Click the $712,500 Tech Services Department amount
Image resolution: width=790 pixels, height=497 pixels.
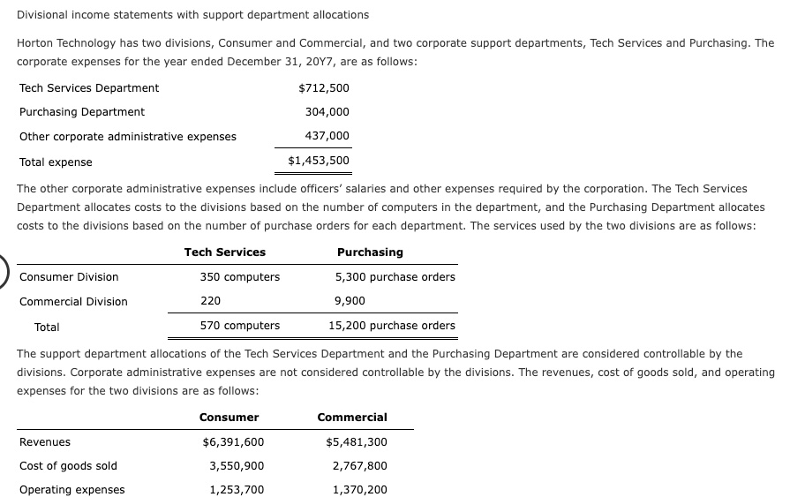pyautogui.click(x=324, y=87)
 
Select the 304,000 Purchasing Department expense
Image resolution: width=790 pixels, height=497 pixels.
pyautogui.click(x=327, y=112)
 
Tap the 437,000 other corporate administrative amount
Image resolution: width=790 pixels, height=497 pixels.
pyautogui.click(x=327, y=136)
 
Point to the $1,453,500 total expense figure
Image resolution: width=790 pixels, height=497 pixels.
pyautogui.click(x=319, y=161)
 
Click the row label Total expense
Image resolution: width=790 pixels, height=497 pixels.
pyautogui.click(x=56, y=162)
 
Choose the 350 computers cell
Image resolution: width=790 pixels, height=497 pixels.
pyautogui.click(x=239, y=276)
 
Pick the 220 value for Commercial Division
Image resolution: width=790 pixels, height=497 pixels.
pyautogui.click(x=210, y=301)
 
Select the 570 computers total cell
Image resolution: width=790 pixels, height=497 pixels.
pyautogui.click(x=239, y=326)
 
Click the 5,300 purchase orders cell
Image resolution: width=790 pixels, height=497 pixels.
pyautogui.click(x=395, y=276)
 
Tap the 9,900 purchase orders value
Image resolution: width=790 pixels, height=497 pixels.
pyautogui.click(x=350, y=301)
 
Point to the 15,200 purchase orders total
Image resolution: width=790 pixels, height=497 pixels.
pyautogui.click(x=391, y=326)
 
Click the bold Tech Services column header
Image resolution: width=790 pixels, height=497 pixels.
pyautogui.click(x=224, y=252)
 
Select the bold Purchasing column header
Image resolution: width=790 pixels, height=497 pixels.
pyautogui.click(x=370, y=252)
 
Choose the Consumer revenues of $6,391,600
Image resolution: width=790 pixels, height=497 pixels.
pyautogui.click(x=233, y=442)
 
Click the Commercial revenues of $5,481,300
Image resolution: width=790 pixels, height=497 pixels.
pyautogui.click(x=356, y=442)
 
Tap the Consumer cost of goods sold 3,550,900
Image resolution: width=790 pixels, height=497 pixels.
pyautogui.click(x=236, y=466)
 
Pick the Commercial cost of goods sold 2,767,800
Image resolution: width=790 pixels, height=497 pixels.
pyautogui.click(x=359, y=466)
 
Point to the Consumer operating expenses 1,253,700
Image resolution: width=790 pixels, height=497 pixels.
pyautogui.click(x=236, y=490)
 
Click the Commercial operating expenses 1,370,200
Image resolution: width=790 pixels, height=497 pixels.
pyautogui.click(x=359, y=490)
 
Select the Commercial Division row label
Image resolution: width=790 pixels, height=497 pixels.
pyautogui.click(x=73, y=301)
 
